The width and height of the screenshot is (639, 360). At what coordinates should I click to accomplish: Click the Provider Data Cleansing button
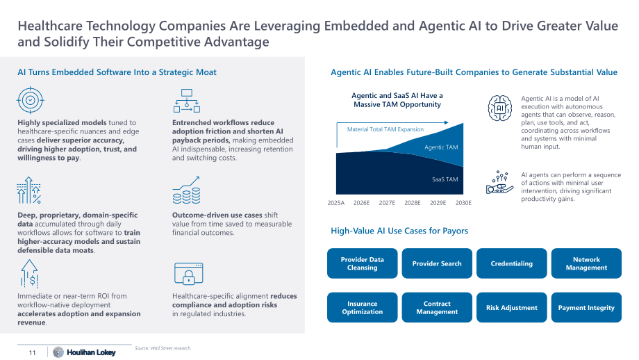[x=362, y=263]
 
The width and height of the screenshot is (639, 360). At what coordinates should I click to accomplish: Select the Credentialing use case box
[x=511, y=263]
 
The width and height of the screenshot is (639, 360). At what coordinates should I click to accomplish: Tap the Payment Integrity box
[x=586, y=307]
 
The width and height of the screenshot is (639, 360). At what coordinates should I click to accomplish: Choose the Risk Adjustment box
[x=511, y=307]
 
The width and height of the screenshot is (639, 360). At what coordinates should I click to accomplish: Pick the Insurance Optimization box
[x=362, y=307]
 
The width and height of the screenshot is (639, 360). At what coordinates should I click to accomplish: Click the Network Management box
[x=586, y=263]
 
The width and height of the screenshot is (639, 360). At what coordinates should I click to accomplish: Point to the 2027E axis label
[x=387, y=203]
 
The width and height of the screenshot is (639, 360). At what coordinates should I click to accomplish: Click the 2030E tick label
[x=463, y=203]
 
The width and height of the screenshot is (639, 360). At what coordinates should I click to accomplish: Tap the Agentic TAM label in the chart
[x=441, y=147]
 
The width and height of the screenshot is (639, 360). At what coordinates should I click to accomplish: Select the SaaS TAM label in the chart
[x=445, y=179]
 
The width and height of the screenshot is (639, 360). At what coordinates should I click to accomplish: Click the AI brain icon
[x=500, y=108]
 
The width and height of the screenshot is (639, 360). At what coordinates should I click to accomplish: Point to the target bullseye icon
[x=30, y=100]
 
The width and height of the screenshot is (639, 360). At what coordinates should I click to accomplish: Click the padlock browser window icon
[x=188, y=274]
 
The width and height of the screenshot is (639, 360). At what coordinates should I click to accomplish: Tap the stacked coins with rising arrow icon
[x=187, y=190]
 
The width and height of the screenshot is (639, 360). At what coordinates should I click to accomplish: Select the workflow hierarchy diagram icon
[x=187, y=101]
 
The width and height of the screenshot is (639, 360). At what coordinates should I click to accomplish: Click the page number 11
[x=32, y=352]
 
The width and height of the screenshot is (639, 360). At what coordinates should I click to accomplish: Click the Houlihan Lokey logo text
[x=91, y=352]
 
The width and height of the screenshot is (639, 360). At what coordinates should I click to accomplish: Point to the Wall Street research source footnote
[x=163, y=348]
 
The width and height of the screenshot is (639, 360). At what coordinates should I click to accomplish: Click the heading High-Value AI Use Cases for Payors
[x=399, y=231]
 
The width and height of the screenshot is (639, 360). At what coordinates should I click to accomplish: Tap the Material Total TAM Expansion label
[x=385, y=129]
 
